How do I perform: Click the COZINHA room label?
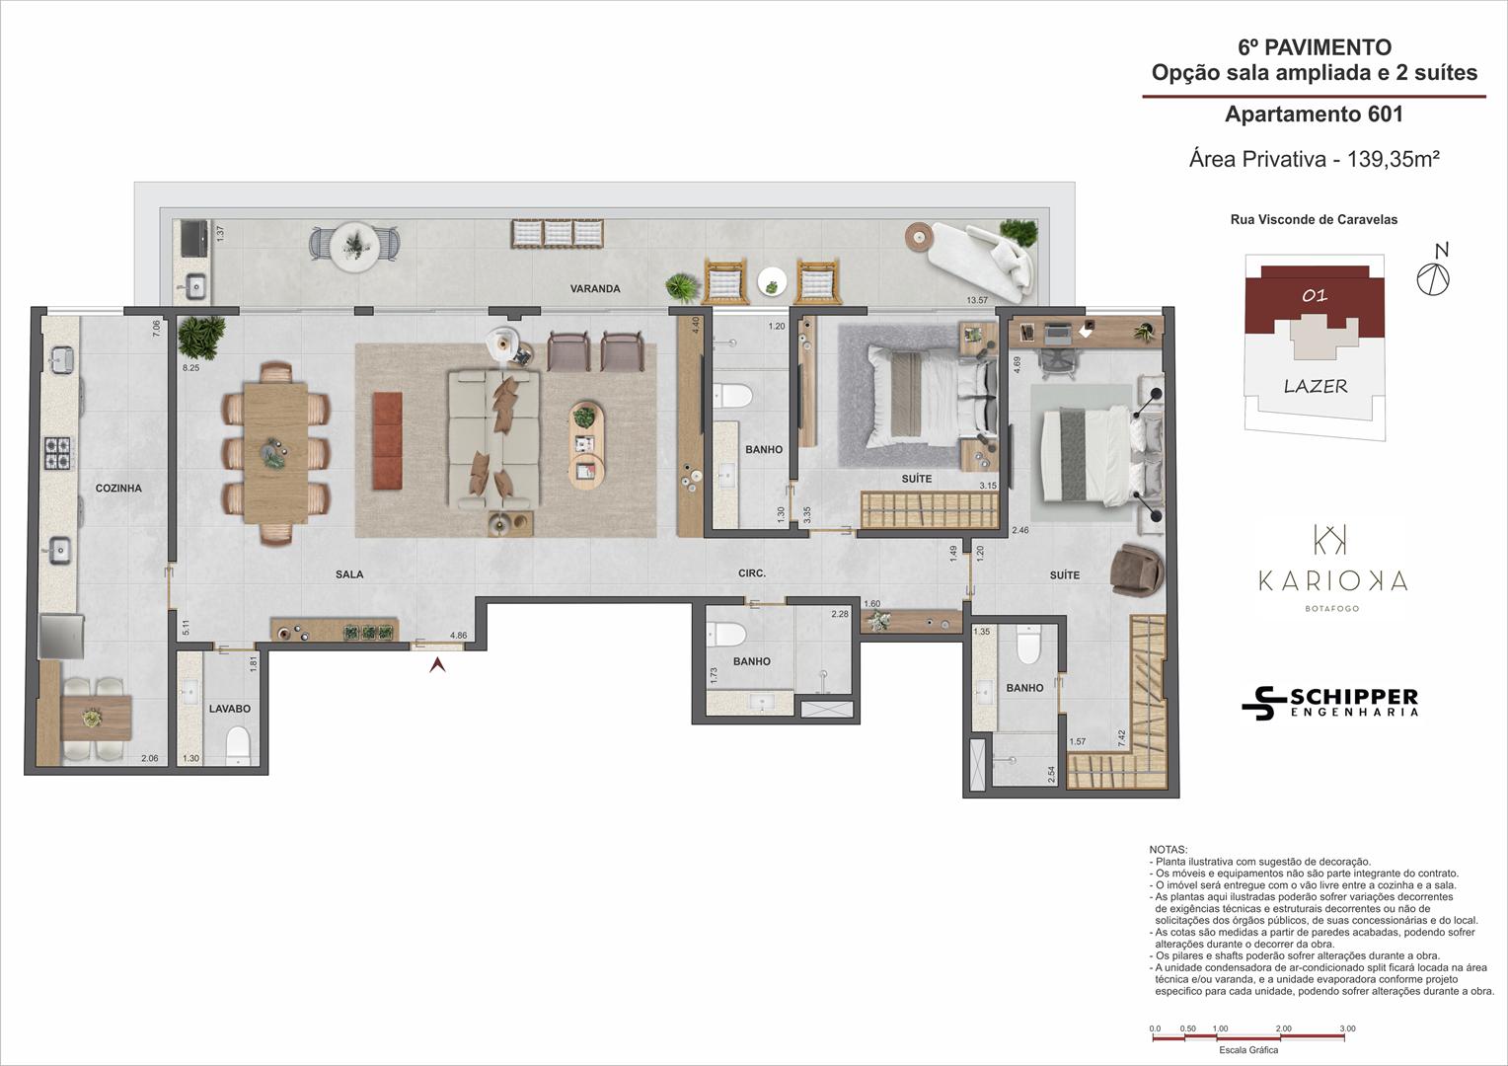pyautogui.click(x=118, y=489)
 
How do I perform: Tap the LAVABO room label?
pyautogui.click(x=230, y=709)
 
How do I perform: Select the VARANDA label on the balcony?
pyautogui.click(x=595, y=289)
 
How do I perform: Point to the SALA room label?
pyautogui.click(x=349, y=574)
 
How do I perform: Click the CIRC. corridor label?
pyautogui.click(x=752, y=573)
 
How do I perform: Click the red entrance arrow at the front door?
pyautogui.click(x=438, y=664)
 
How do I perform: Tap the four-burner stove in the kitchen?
pyautogui.click(x=57, y=453)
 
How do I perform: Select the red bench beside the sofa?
pyautogui.click(x=387, y=441)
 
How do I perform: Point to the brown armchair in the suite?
pyautogui.click(x=1137, y=570)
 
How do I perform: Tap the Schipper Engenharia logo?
pyautogui.click(x=1329, y=703)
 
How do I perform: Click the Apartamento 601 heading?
pyautogui.click(x=1314, y=114)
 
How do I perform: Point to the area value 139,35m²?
pyautogui.click(x=1393, y=159)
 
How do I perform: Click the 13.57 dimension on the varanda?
pyautogui.click(x=977, y=300)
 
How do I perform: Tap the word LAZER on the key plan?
pyautogui.click(x=1316, y=387)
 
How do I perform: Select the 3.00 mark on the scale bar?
pyautogui.click(x=1347, y=1028)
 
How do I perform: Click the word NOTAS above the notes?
pyautogui.click(x=1169, y=850)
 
